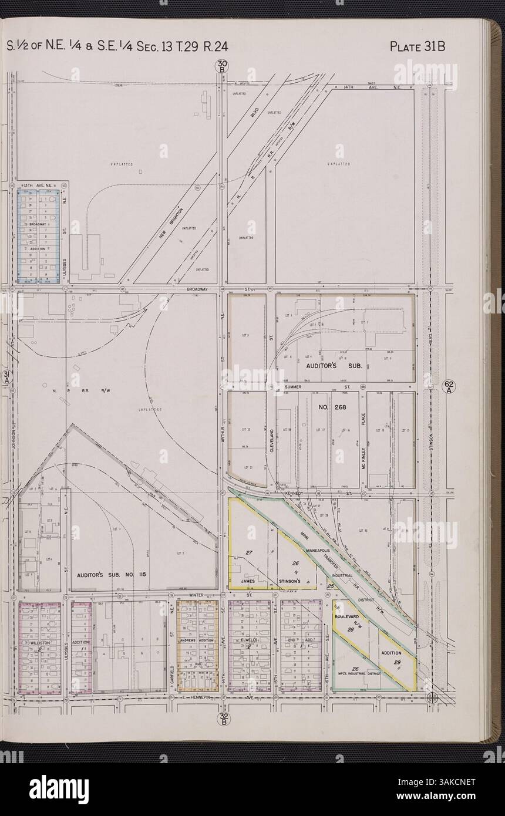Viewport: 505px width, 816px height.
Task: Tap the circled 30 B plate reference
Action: (x=222, y=67)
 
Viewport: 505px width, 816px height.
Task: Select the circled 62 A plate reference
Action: (x=448, y=387)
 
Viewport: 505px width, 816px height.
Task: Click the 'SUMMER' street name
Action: (x=292, y=387)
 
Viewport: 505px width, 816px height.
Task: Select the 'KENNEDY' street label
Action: (x=293, y=494)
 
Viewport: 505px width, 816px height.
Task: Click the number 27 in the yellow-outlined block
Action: (x=249, y=553)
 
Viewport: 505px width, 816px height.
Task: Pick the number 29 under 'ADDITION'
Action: (x=396, y=662)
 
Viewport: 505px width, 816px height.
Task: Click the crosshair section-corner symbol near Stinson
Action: (x=432, y=697)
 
